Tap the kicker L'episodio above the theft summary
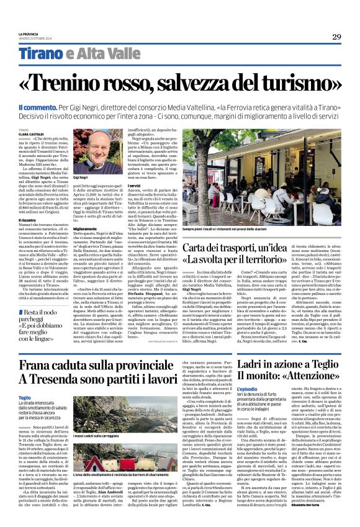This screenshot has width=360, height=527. point(230,389)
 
